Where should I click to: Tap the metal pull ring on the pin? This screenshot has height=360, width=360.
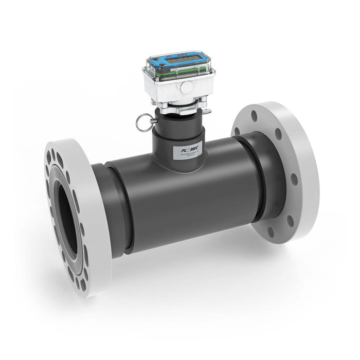coord(141,123)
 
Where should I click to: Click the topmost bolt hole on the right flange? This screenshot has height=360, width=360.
coord(254,116)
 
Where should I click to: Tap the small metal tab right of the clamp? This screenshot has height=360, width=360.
coord(207,111)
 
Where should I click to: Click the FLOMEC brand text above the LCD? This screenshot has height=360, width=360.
coord(175,55)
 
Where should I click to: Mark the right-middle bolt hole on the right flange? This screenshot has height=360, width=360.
coord(294,179)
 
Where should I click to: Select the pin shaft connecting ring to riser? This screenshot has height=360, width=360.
coord(152,122)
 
